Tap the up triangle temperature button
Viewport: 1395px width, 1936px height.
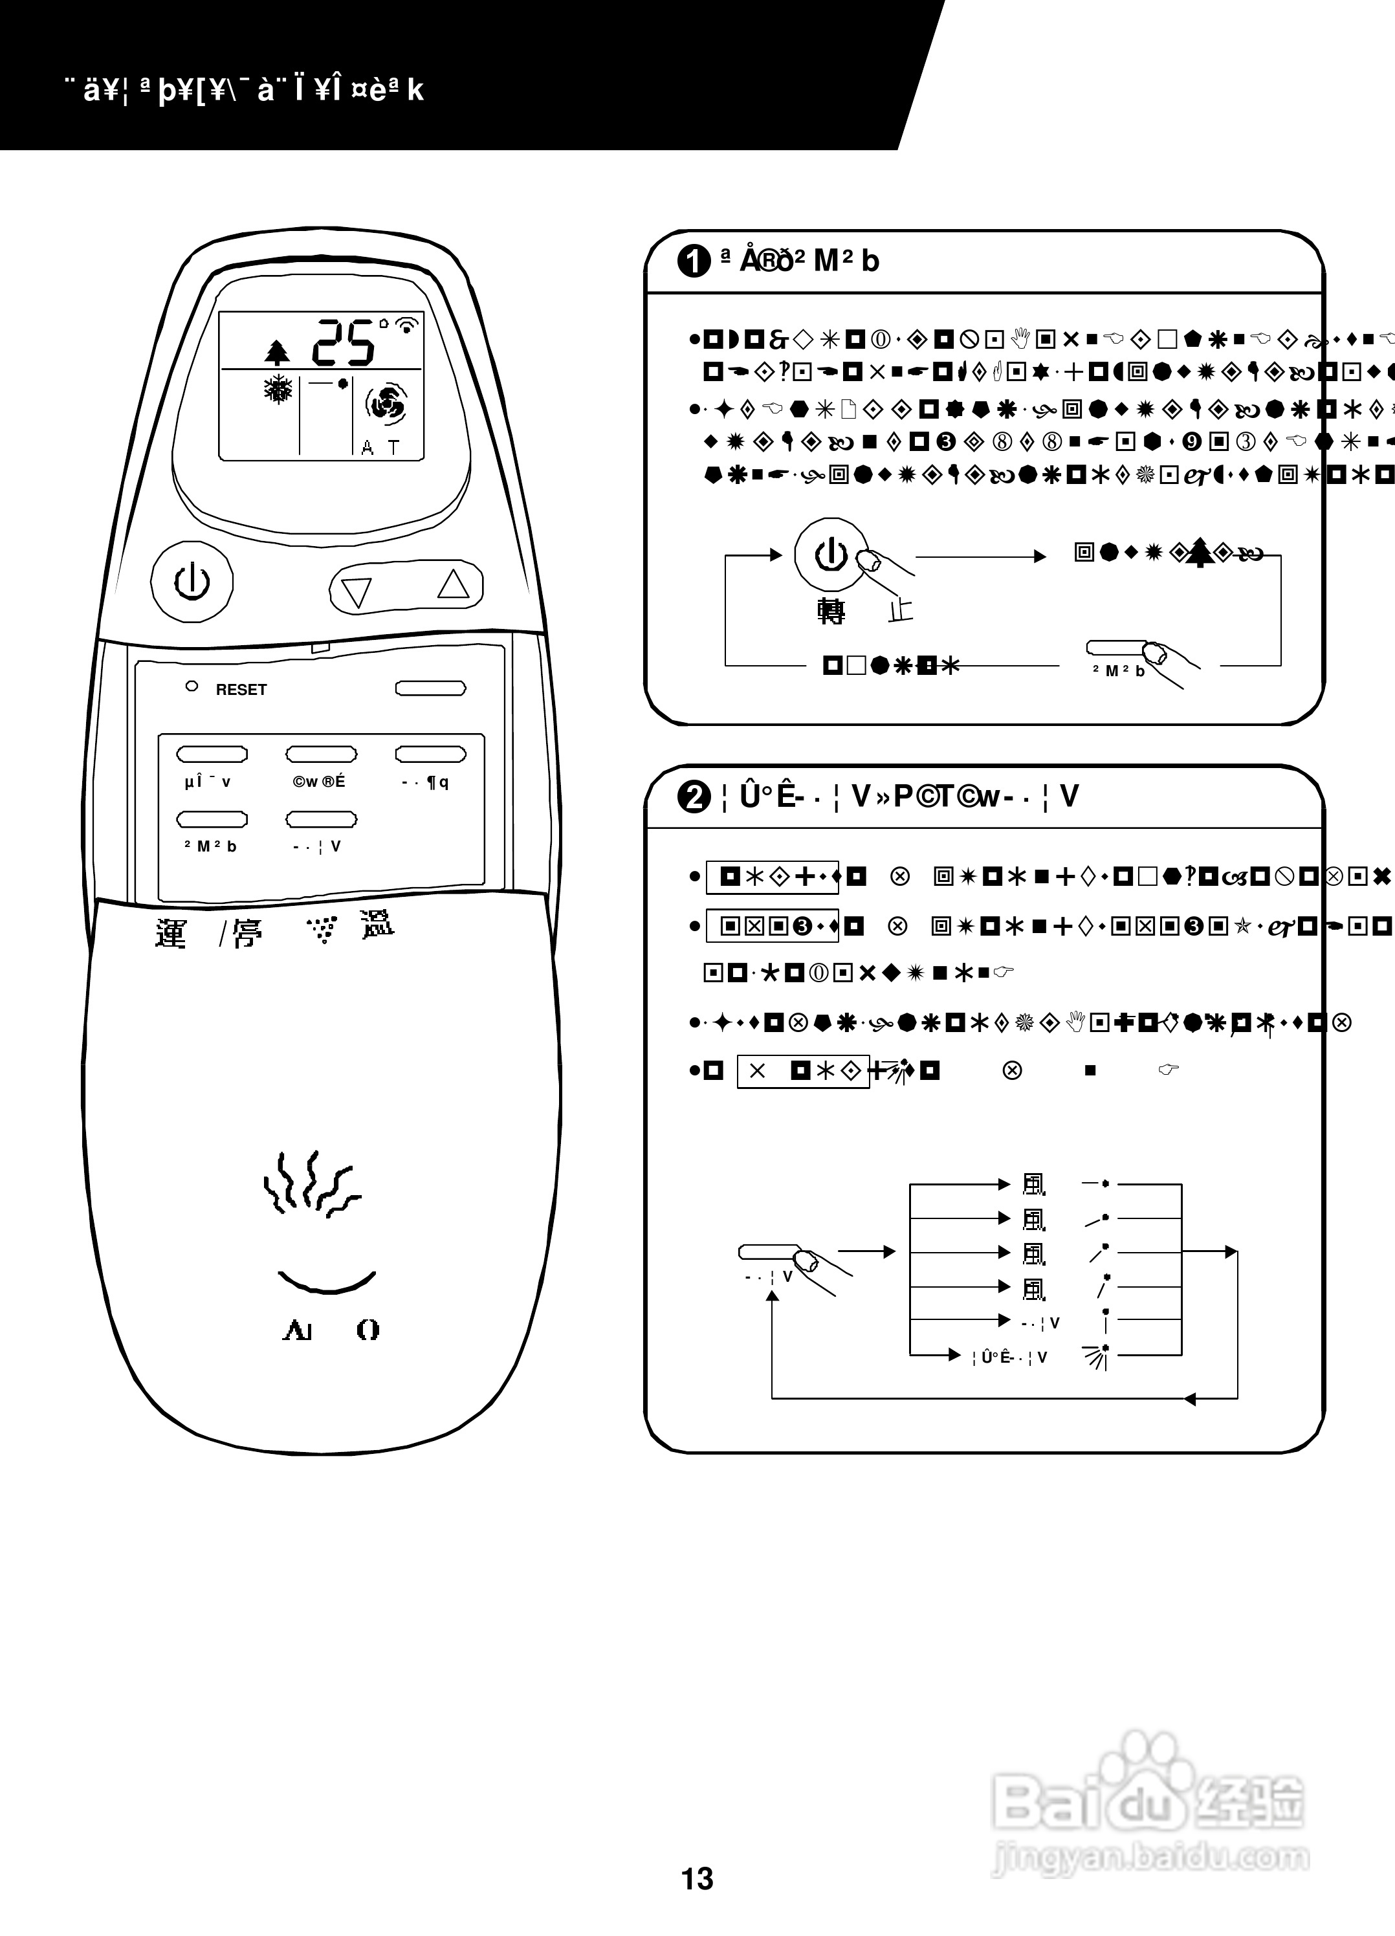[454, 585]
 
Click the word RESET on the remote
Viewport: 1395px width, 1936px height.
[241, 690]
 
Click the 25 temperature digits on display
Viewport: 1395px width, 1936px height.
[343, 343]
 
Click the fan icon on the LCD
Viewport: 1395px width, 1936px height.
[386, 404]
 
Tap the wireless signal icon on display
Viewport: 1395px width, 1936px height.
[409, 324]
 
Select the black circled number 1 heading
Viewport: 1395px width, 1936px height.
[693, 260]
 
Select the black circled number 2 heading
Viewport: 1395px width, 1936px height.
[693, 797]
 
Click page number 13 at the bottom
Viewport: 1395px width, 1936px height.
[697, 1878]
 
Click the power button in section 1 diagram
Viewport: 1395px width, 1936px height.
[831, 555]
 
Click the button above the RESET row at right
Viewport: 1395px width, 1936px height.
[430, 688]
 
